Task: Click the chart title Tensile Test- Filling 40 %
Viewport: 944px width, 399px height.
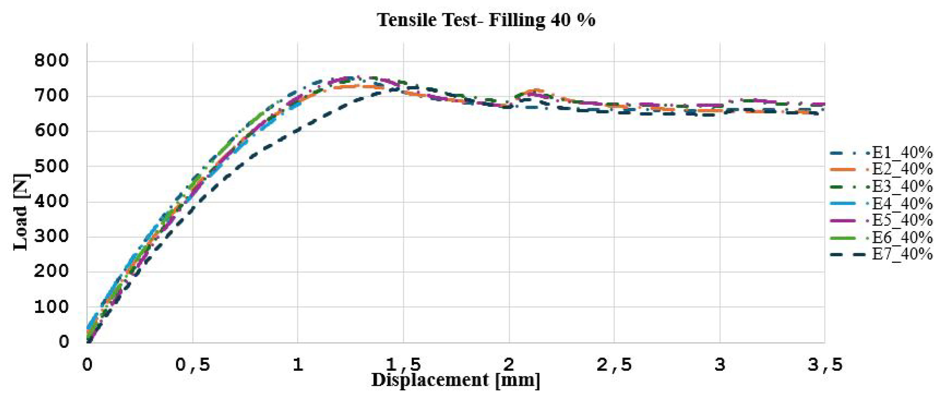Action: coord(486,20)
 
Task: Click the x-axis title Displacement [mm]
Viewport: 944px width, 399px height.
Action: coord(455,380)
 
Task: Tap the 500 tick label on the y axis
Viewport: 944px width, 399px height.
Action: coord(51,166)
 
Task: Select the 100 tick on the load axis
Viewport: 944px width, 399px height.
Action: coord(51,307)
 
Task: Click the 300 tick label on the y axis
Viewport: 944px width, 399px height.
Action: coord(51,236)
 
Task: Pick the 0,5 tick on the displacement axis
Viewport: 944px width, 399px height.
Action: coord(193,365)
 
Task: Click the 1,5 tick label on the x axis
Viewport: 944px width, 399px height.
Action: coord(403,365)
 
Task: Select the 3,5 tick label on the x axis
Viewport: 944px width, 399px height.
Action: coord(825,365)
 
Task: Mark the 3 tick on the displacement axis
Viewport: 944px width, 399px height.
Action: coord(720,365)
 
